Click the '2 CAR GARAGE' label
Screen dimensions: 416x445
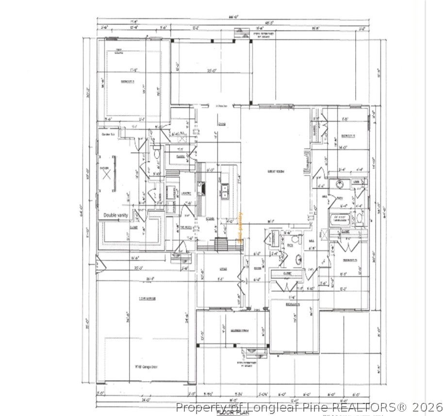pyautogui.click(x=147, y=299)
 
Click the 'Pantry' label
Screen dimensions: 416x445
pyautogui.click(x=181, y=157)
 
